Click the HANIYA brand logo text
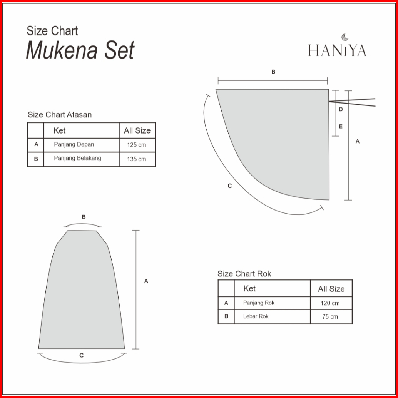pyautogui.click(x=337, y=50)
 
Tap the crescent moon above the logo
pyautogui.click(x=344, y=37)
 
